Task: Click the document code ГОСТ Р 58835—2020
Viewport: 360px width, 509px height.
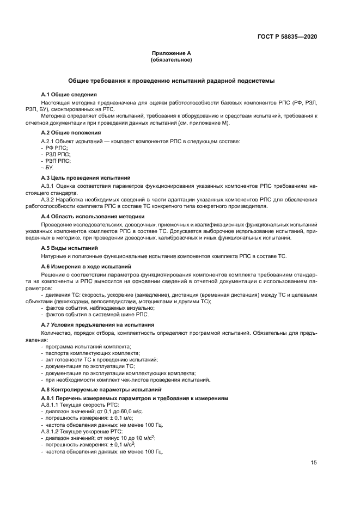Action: click(287, 36)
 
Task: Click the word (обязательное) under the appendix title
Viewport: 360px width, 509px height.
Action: click(171, 60)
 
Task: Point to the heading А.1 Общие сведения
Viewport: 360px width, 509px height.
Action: click(69, 94)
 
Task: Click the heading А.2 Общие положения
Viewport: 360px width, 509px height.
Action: click(71, 132)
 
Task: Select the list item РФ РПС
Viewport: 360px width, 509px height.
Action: click(54, 148)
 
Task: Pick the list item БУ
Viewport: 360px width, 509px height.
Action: click(50, 167)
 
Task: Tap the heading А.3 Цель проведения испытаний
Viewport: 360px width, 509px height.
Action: click(86, 177)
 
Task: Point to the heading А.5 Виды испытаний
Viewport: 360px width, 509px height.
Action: click(70, 248)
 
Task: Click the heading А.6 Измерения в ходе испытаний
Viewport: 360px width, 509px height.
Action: click(87, 266)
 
